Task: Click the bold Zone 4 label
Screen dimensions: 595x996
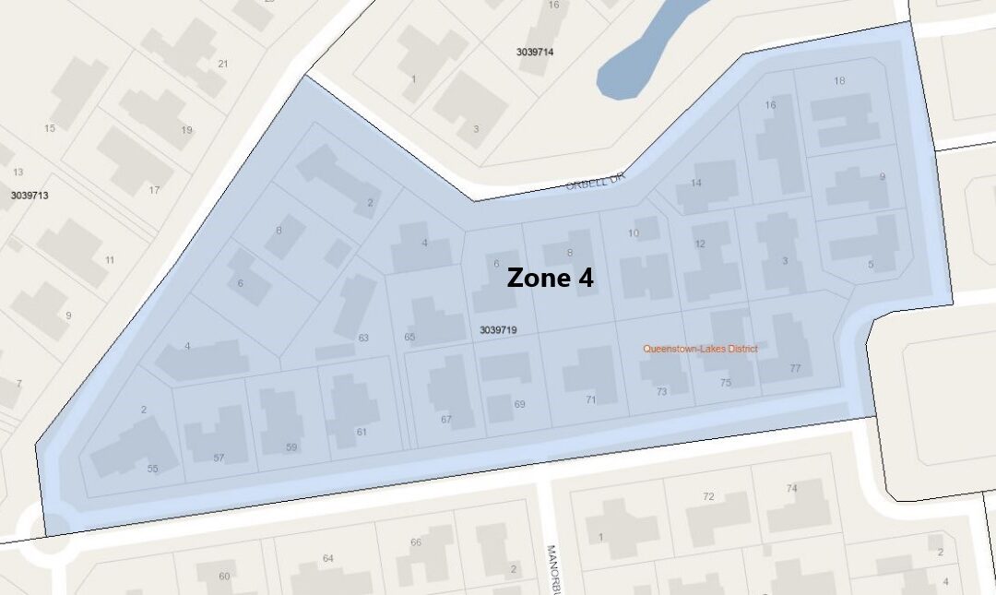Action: [x=550, y=278]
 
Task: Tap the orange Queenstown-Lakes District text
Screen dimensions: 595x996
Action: [x=700, y=349]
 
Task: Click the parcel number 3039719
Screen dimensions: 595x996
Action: [x=498, y=329]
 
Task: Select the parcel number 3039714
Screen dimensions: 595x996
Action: [x=535, y=53]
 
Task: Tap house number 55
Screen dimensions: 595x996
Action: [x=153, y=469]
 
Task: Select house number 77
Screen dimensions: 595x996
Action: [x=795, y=368]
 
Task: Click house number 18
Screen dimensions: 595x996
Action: [x=839, y=81]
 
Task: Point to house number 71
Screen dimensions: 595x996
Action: [x=590, y=399]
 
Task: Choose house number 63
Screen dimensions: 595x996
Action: [x=363, y=338]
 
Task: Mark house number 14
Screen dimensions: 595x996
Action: [x=695, y=183]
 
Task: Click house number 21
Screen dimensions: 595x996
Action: [x=223, y=64]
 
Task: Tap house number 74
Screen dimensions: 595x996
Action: [x=791, y=488]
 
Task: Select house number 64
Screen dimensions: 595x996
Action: [x=327, y=558]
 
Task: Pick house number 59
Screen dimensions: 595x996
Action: [x=291, y=447]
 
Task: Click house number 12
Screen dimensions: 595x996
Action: [x=700, y=244]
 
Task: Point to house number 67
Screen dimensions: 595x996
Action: [x=446, y=420]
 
